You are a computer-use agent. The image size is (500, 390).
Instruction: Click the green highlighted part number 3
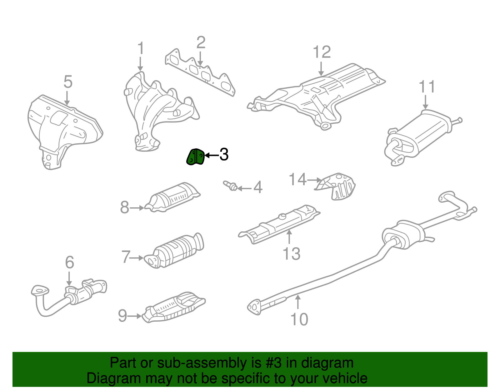(x=195, y=157)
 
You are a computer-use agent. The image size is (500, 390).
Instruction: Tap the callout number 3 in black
(x=224, y=155)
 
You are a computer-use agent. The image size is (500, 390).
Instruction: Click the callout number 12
(x=322, y=52)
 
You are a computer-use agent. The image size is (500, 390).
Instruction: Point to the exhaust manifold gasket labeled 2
(x=200, y=72)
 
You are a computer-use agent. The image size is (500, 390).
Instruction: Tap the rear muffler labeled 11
(x=422, y=134)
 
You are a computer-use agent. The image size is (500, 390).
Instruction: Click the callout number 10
(x=299, y=319)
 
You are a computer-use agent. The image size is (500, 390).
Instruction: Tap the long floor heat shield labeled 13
(x=280, y=223)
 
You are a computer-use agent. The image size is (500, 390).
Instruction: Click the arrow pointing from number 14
(x=314, y=180)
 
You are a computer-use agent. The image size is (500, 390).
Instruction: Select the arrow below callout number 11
(x=425, y=102)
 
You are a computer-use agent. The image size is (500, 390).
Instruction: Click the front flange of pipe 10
(x=254, y=306)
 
